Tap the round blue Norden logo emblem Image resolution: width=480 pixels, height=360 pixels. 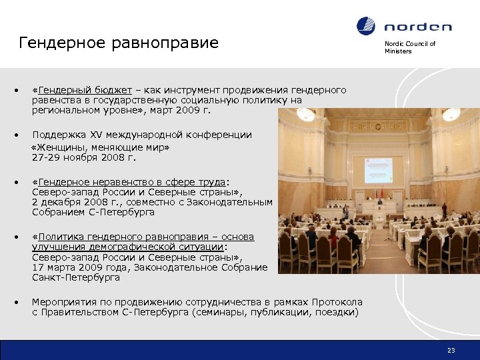(x=366, y=27)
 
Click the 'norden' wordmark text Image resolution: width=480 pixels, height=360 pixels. (x=417, y=27)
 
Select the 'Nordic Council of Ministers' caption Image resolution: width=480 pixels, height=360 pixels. (x=409, y=47)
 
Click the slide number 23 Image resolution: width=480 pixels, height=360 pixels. (x=451, y=350)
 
